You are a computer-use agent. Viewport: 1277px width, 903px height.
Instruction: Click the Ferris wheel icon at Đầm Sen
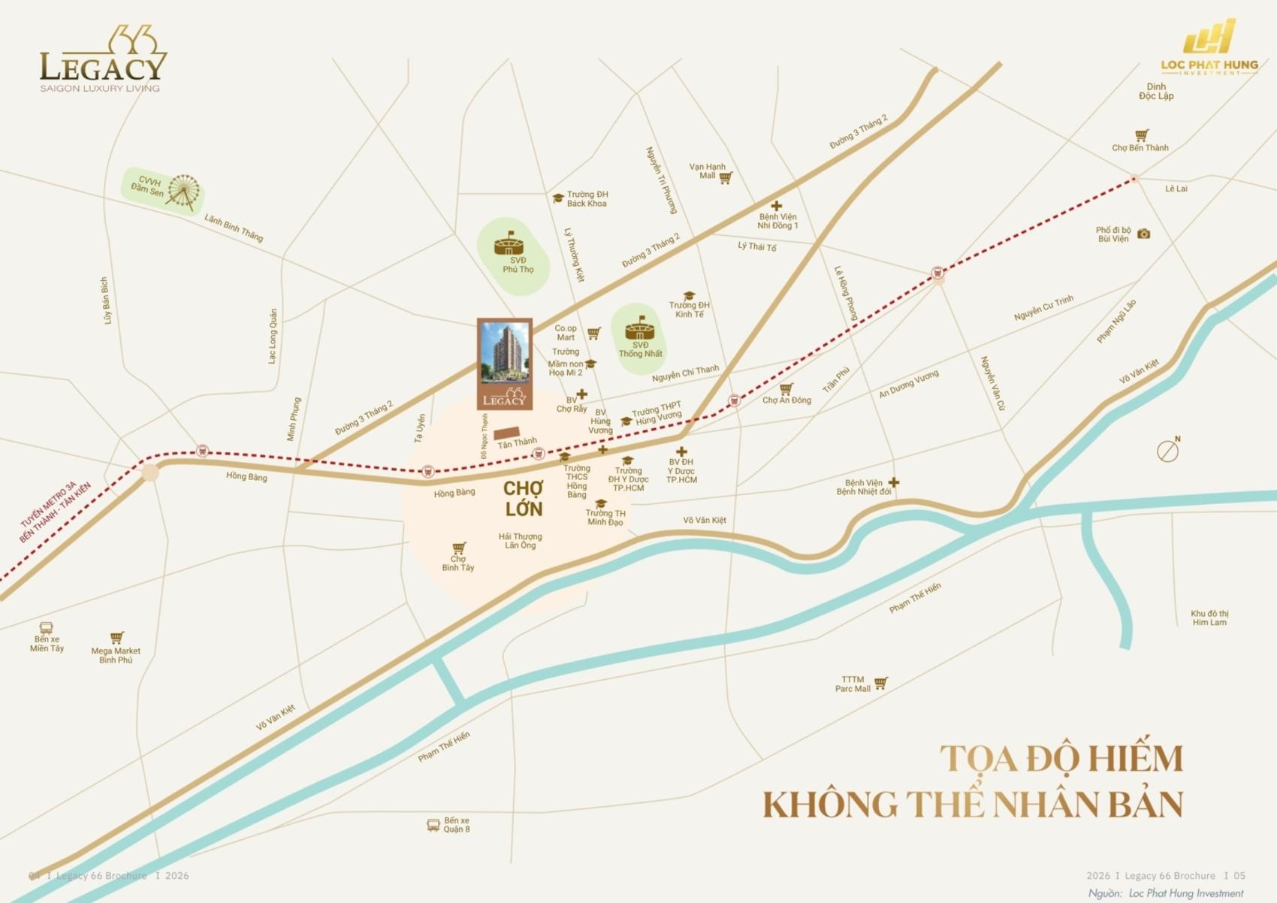coord(183,192)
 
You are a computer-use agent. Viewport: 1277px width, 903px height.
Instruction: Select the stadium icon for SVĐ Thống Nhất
coord(639,329)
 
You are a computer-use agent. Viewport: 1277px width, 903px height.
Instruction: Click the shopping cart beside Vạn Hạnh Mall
coord(726,178)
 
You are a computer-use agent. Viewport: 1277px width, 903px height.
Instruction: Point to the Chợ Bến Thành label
coord(1140,148)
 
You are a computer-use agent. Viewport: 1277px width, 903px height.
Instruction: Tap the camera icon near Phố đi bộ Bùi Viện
coord(1143,234)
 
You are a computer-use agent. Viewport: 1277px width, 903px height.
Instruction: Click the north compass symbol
coord(1167,451)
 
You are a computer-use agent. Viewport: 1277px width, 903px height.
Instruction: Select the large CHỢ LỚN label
coord(524,499)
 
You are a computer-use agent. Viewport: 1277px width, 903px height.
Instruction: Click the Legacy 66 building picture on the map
coord(505,364)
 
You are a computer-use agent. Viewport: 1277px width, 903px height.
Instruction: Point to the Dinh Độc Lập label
coord(1156,92)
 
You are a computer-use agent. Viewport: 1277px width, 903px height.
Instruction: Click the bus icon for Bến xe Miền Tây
coord(46,627)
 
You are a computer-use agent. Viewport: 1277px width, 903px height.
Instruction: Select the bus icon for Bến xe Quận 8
coord(433,825)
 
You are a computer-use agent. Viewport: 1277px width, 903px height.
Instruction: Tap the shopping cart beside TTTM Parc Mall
coord(880,683)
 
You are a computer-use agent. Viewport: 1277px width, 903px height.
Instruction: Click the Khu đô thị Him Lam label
coord(1209,618)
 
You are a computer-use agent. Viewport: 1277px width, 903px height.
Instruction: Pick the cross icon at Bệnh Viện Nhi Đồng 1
coord(776,206)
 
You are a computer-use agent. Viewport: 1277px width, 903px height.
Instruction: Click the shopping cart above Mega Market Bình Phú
coord(116,638)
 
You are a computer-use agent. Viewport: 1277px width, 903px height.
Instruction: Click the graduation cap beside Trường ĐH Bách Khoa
coord(558,198)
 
